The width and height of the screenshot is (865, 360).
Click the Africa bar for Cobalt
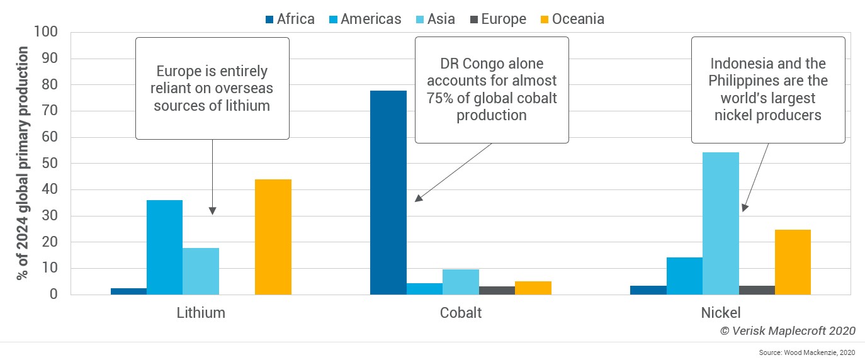[388, 193]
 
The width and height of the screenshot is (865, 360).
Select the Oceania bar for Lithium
[273, 237]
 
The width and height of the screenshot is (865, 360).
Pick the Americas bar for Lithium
[164, 247]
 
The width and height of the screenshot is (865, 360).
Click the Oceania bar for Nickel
[793, 262]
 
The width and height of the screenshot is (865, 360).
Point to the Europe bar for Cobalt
[497, 290]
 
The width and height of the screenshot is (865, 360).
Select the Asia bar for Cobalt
[460, 282]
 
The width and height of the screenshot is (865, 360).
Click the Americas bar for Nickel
[684, 276]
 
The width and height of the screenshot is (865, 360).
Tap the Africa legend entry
[289, 19]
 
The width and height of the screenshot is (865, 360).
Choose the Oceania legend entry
[571, 19]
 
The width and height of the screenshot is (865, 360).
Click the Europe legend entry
[497, 19]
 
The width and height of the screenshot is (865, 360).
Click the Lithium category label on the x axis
[201, 312]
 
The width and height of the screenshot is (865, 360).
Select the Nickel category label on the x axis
[720, 312]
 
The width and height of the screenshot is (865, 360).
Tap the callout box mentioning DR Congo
[491, 89]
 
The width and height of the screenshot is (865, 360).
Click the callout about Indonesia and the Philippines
[768, 89]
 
